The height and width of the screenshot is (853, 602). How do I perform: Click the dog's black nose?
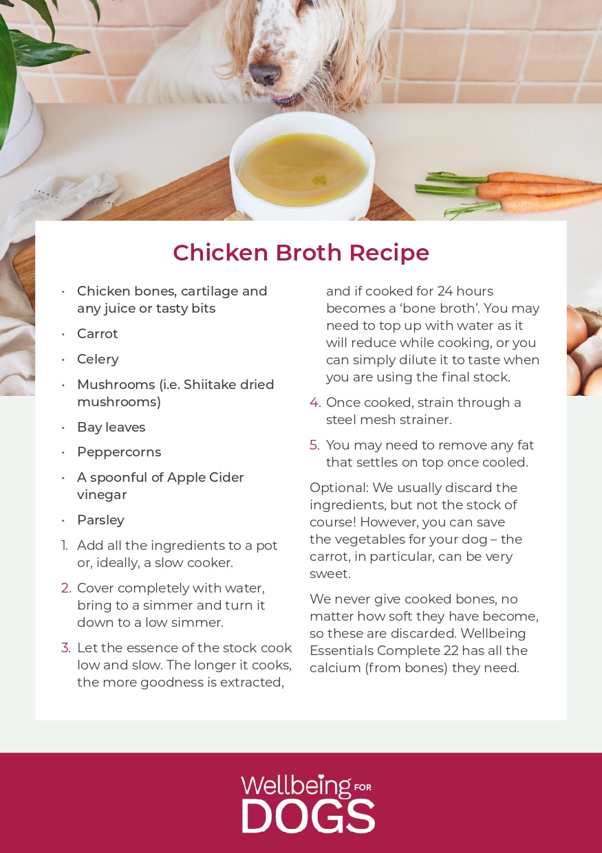pyautogui.click(x=265, y=74)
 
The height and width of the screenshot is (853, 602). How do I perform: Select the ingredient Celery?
pyautogui.click(x=98, y=359)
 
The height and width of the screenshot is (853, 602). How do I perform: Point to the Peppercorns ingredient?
pyautogui.click(x=119, y=452)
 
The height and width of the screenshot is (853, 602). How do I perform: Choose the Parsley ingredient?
pyautogui.click(x=100, y=520)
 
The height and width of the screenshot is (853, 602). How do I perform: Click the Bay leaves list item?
pyautogui.click(x=111, y=428)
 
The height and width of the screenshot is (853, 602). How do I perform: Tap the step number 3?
pyautogui.click(x=65, y=647)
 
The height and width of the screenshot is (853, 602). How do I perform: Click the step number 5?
pyautogui.click(x=314, y=445)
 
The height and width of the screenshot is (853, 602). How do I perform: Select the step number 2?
pyautogui.click(x=65, y=588)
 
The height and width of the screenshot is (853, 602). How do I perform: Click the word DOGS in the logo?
pyautogui.click(x=308, y=816)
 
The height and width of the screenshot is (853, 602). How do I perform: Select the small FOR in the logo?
pyautogui.click(x=363, y=787)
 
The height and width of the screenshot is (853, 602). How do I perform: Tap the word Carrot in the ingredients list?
pyautogui.click(x=98, y=333)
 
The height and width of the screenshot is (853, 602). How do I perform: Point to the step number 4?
pyautogui.click(x=315, y=402)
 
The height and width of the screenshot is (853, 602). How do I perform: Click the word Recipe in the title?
pyautogui.click(x=389, y=253)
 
